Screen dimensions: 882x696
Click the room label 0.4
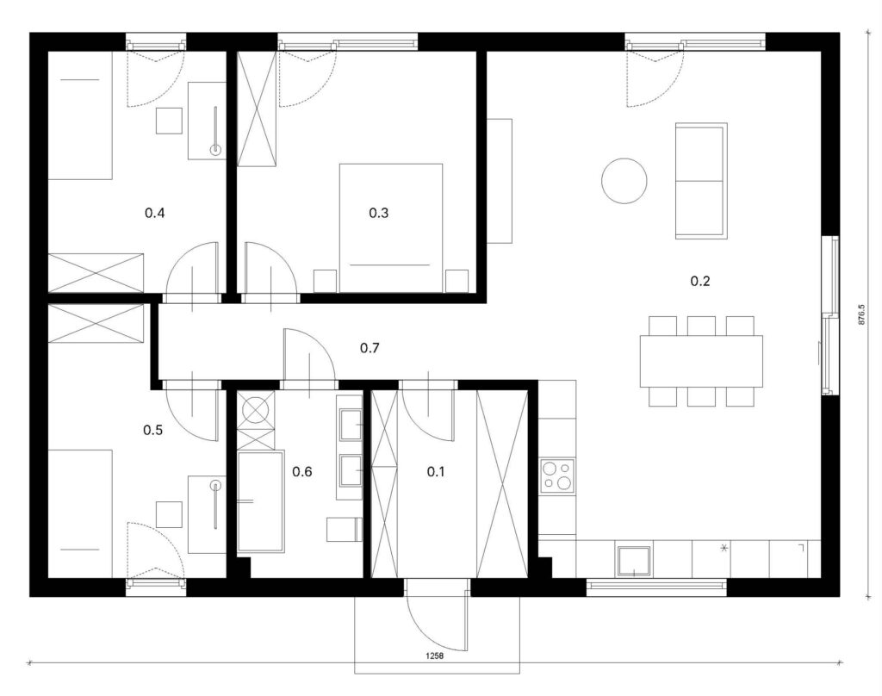[x=155, y=214]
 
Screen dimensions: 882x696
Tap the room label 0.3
[x=379, y=213]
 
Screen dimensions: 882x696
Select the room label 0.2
[x=699, y=281]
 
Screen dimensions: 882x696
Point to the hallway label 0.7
[x=370, y=348]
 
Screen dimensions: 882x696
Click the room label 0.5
[x=153, y=431]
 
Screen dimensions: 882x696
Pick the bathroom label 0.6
[x=302, y=471]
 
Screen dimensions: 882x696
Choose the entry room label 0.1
[x=435, y=471]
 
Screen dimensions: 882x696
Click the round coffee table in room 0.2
[x=624, y=181]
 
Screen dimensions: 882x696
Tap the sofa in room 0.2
[x=701, y=181]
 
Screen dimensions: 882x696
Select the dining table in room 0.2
[x=701, y=361]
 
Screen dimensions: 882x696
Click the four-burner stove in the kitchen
[x=557, y=476]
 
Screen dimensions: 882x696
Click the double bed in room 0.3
[x=391, y=228]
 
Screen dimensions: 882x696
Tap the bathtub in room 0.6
[x=260, y=501]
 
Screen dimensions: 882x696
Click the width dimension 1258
[x=435, y=656]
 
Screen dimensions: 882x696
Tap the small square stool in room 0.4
[x=169, y=121]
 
